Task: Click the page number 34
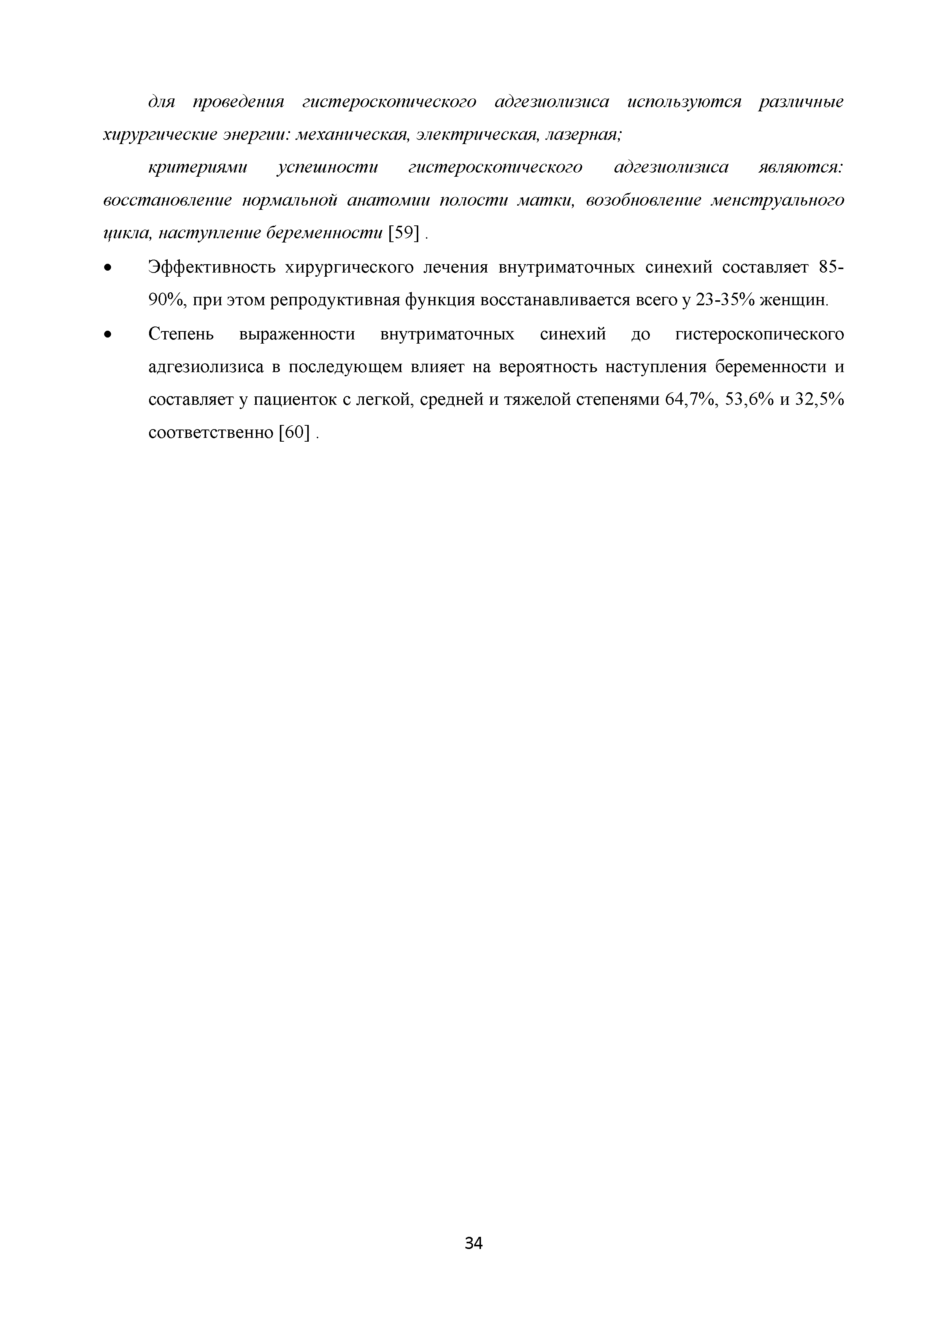(x=474, y=1243)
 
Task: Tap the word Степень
(x=181, y=334)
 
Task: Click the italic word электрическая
(x=475, y=135)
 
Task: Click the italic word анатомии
(x=389, y=200)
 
